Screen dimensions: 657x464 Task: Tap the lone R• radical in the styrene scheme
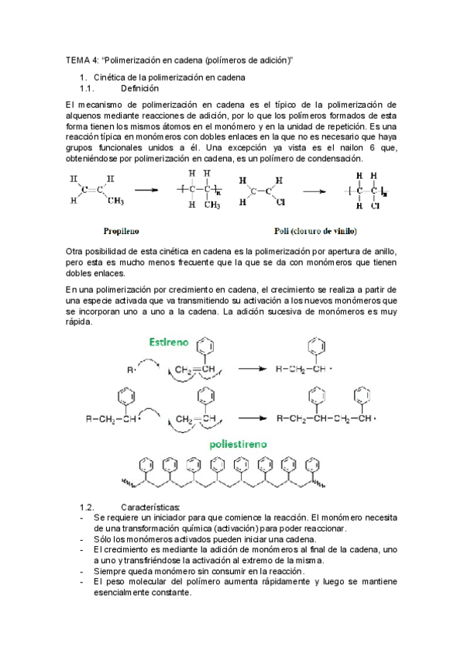point(131,370)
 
